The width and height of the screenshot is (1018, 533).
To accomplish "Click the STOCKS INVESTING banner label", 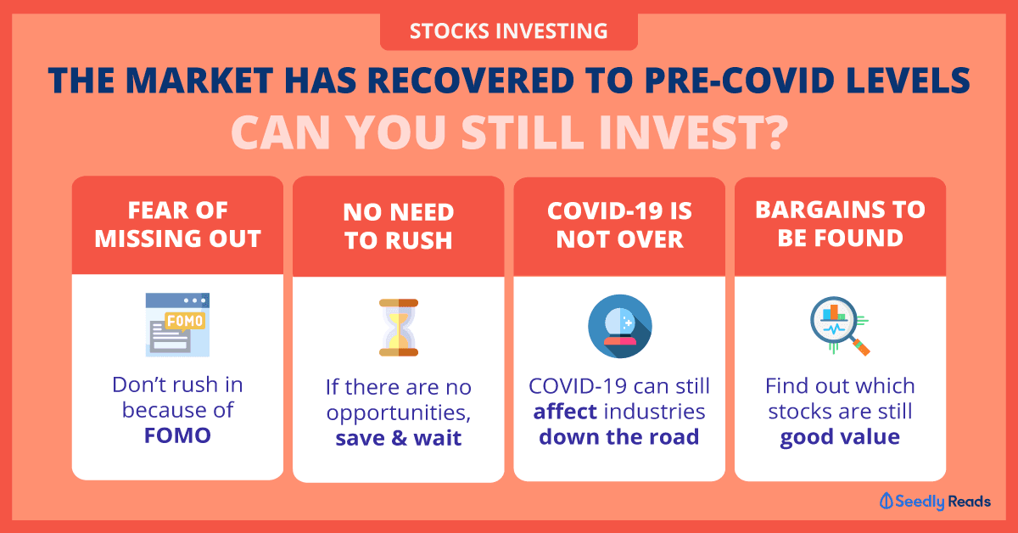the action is [x=508, y=31].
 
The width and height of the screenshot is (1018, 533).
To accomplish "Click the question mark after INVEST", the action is [x=771, y=132].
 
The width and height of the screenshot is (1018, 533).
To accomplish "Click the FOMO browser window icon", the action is [x=177, y=325].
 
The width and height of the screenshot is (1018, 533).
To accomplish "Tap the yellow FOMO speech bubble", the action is [x=185, y=322].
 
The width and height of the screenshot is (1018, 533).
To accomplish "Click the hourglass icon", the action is [x=399, y=328].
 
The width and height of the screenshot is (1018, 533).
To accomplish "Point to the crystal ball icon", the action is [x=620, y=326].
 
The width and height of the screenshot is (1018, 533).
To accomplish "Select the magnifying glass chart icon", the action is [x=840, y=326].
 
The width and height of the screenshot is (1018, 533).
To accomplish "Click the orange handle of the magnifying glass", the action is [x=861, y=347].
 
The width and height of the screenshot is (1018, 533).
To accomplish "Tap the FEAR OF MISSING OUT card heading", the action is [x=177, y=224].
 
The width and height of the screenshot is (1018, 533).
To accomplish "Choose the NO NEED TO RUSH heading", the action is [x=399, y=226].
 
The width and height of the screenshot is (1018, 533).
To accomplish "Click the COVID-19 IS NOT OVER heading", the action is [x=619, y=225].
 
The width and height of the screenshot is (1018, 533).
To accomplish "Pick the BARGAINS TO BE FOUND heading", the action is [x=841, y=224].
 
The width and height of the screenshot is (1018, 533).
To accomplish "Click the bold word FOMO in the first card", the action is [x=177, y=435].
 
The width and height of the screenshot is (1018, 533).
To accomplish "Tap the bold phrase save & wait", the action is [x=399, y=438].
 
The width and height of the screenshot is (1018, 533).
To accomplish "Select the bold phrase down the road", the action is [x=619, y=436].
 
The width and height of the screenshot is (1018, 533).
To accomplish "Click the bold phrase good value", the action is [x=840, y=437].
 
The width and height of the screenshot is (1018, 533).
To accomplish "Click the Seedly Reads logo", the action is [x=935, y=502].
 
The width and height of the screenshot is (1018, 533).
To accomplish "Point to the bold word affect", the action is [x=565, y=412].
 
